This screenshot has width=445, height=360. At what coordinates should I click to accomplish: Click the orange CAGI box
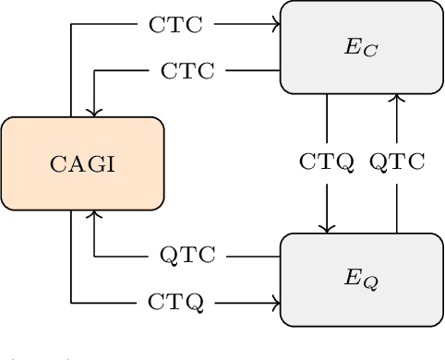pos(82,163)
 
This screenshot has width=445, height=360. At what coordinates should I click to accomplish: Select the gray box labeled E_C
pos(361,47)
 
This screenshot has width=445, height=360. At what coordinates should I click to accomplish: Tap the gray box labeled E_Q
pos(361,279)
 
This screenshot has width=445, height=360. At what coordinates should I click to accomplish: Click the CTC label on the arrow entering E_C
pos(175,24)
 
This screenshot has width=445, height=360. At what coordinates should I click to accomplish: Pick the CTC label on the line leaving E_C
pos(187,70)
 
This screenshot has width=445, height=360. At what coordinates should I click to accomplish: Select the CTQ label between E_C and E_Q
pos(327,163)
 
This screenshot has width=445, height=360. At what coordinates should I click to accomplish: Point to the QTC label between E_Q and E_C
pos(397,163)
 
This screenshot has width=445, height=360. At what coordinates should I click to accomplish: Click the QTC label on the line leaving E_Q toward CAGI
pos(187,256)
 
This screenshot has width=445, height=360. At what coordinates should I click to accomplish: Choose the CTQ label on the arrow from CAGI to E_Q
pos(175,302)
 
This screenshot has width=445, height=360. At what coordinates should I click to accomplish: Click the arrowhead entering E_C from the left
pos(276,24)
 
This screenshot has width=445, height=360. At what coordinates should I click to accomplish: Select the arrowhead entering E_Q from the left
pos(276,302)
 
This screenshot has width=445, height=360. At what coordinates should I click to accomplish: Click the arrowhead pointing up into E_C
pos(397,98)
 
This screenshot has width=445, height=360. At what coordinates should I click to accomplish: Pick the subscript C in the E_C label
pos(369,51)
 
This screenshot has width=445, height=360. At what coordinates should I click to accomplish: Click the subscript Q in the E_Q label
pos(369,282)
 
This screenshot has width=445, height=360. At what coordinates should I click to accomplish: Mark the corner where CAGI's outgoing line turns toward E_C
pos(71,24)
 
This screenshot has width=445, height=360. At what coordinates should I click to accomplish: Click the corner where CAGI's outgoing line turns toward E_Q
pos(71,302)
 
